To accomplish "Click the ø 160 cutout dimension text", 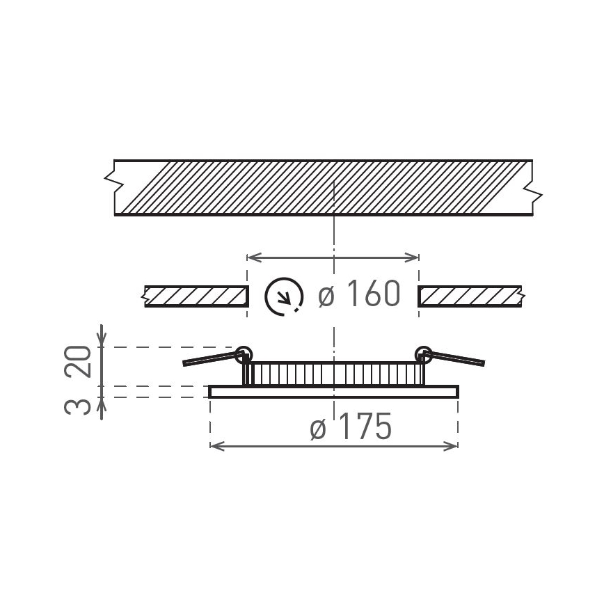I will click(360, 295).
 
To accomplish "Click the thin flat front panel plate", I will click(334, 392).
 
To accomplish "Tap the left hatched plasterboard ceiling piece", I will click(196, 296).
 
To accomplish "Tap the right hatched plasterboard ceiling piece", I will click(470, 296).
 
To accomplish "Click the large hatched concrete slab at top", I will click(324, 187).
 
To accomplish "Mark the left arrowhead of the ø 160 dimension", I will click(252, 257).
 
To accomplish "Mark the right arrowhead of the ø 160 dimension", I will click(415, 257).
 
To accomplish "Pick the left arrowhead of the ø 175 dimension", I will click(214, 445).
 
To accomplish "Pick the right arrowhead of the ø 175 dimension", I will click(453, 445).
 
